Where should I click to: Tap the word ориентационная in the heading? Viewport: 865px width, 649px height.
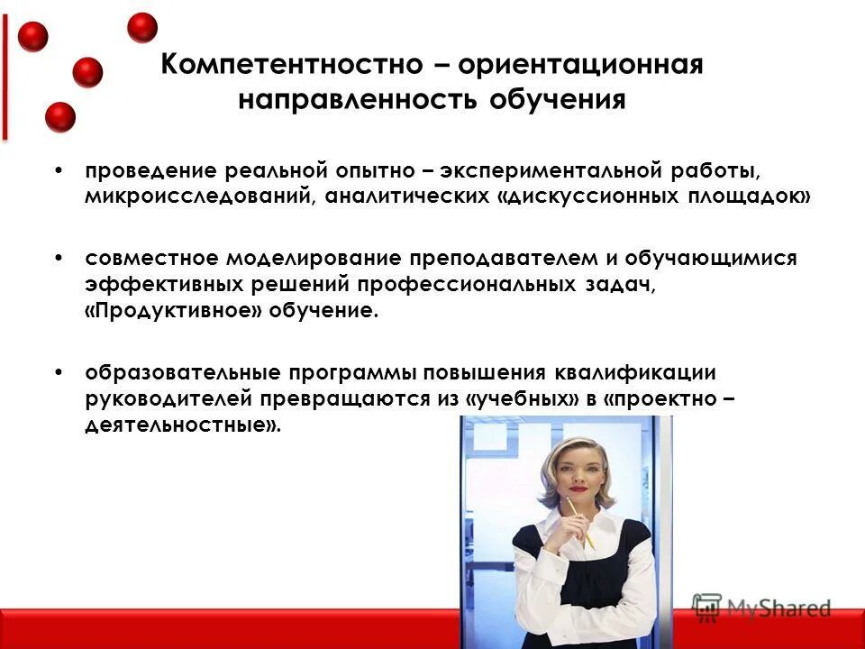pyautogui.click(x=580, y=67)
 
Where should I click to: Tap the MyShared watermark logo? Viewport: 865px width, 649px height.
pyautogui.click(x=761, y=608)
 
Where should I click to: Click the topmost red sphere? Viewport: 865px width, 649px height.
pyautogui.click(x=142, y=27)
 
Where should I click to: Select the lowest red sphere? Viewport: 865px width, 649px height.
pyautogui.click(x=60, y=117)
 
